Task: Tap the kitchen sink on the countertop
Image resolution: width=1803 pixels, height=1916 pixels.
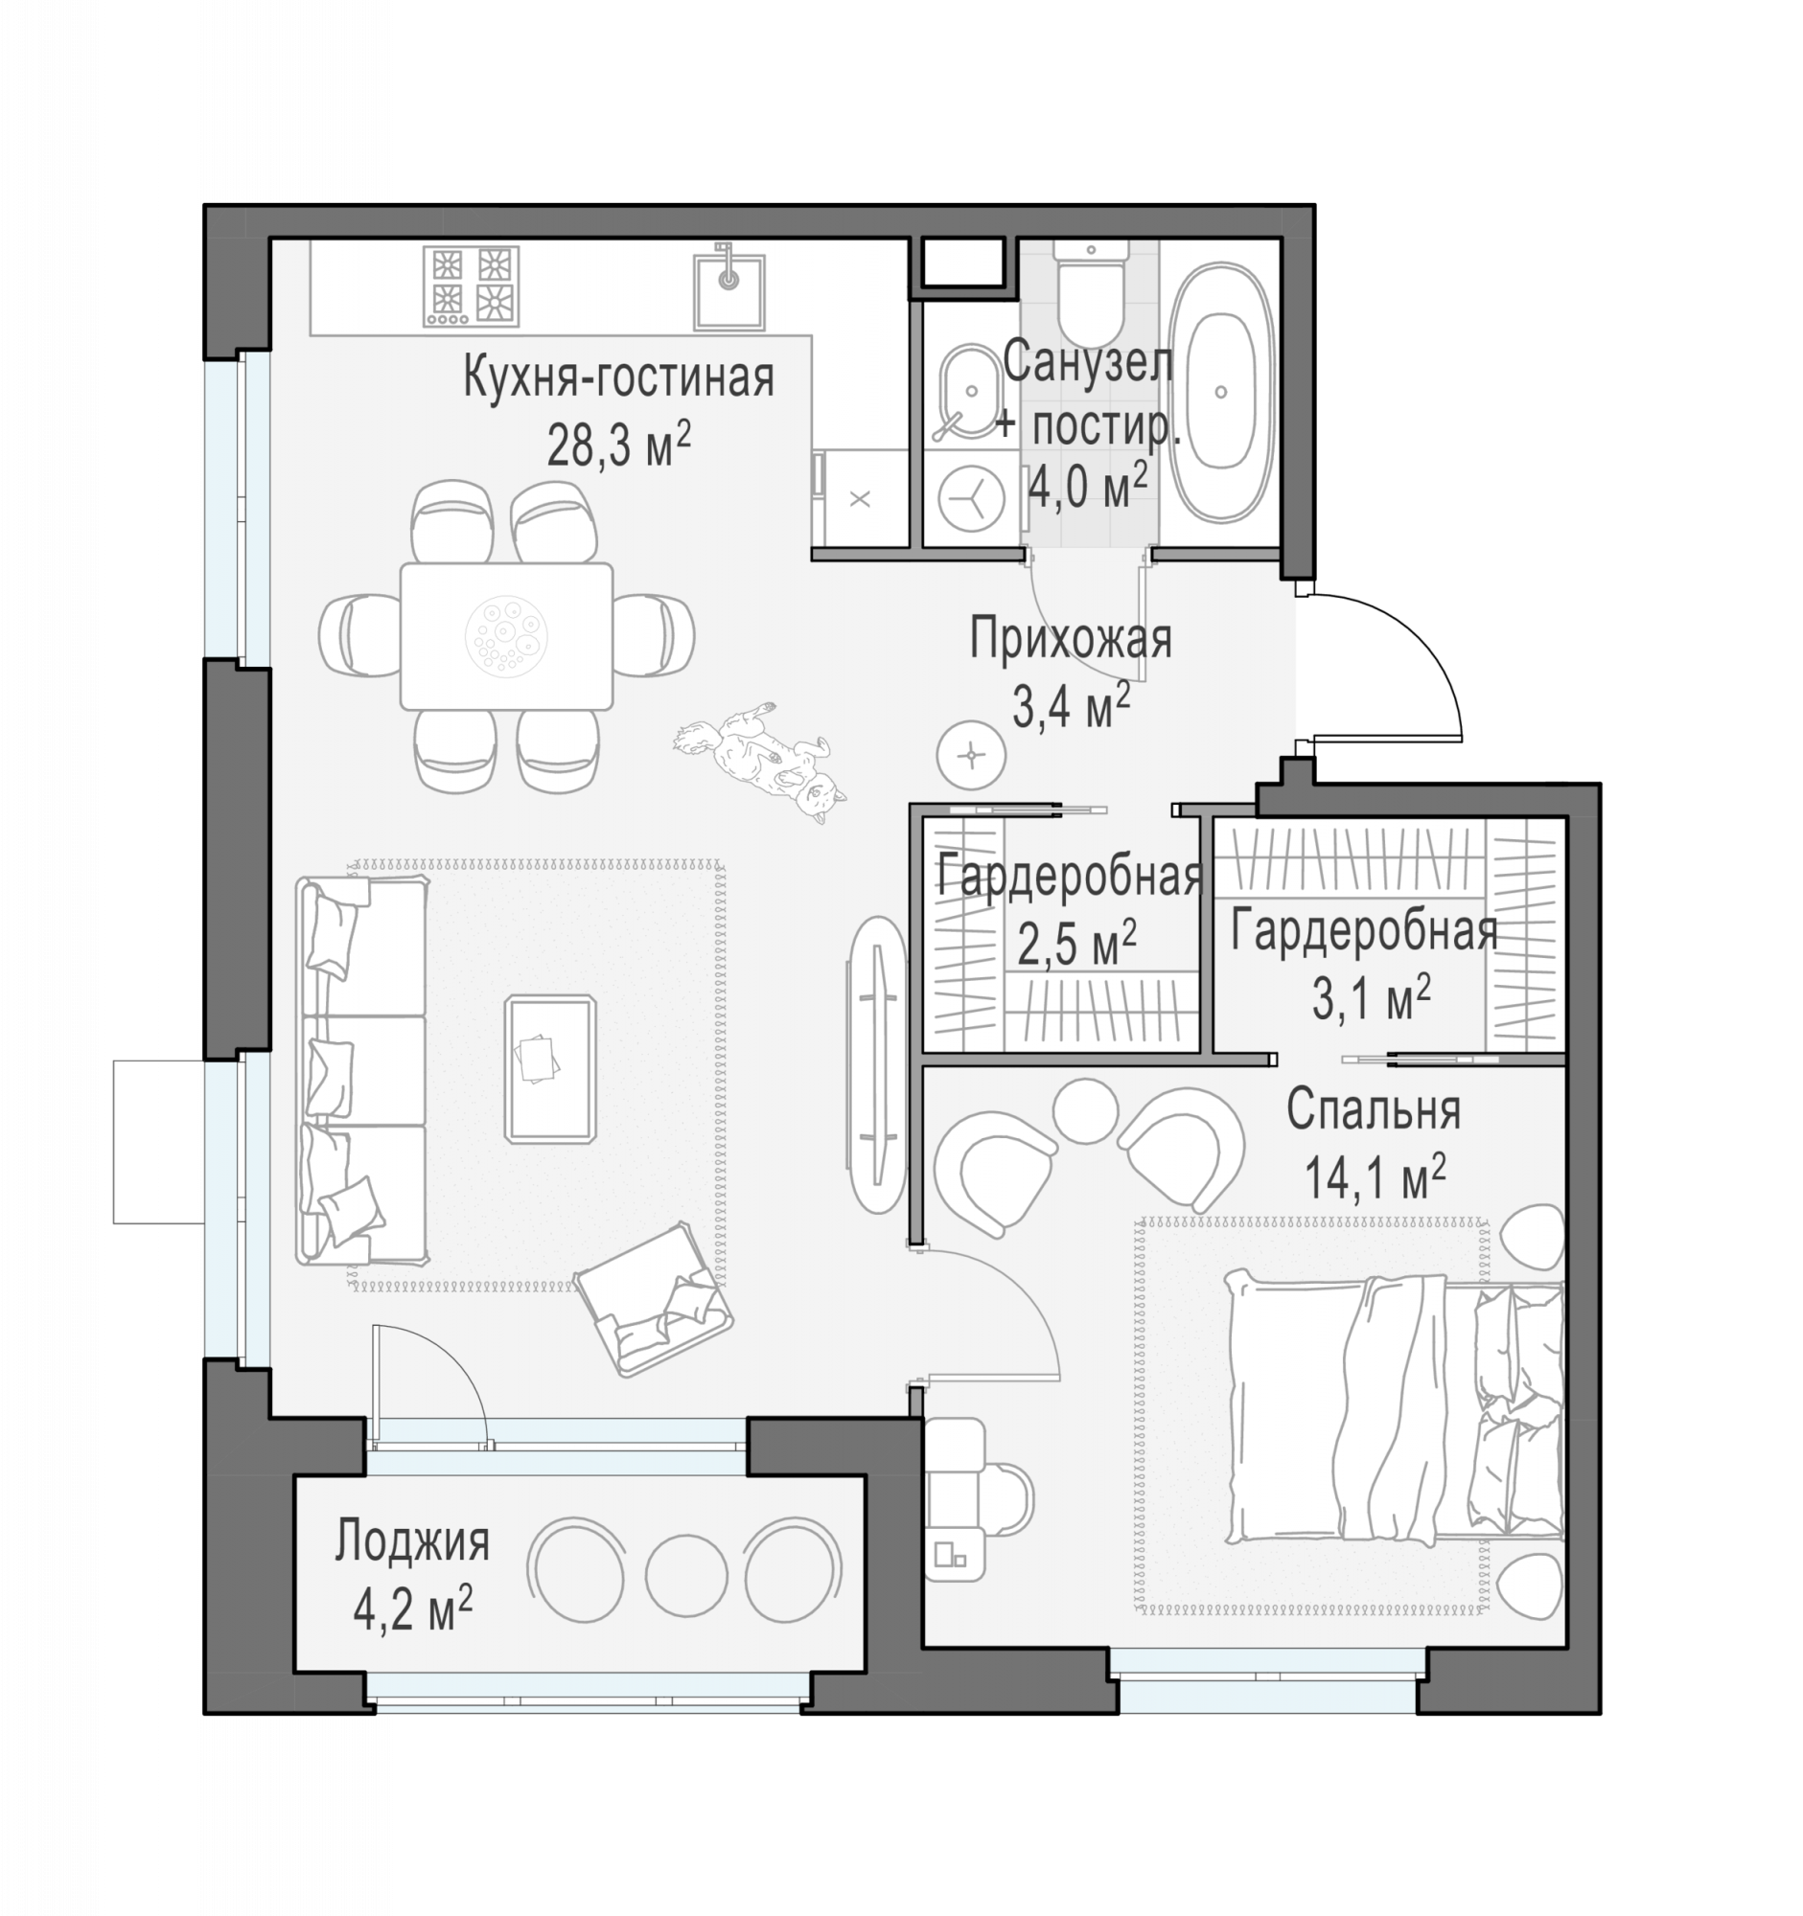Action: coord(728,289)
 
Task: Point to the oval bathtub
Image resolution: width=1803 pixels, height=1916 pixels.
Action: coord(1220,392)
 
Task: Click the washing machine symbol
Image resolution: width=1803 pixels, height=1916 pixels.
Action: coord(971,499)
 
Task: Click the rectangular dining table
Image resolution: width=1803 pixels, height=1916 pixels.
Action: coord(506,636)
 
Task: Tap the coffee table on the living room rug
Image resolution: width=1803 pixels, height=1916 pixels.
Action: coord(550,1069)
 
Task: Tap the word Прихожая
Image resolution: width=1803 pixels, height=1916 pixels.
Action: coord(1071,638)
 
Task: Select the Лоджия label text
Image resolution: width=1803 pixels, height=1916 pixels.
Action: coord(413,1541)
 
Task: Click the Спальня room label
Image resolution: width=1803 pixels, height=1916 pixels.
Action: coord(1373,1110)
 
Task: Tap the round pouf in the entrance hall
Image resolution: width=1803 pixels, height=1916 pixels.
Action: coord(971,755)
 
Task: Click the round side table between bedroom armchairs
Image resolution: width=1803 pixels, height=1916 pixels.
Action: coord(1085,1110)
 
